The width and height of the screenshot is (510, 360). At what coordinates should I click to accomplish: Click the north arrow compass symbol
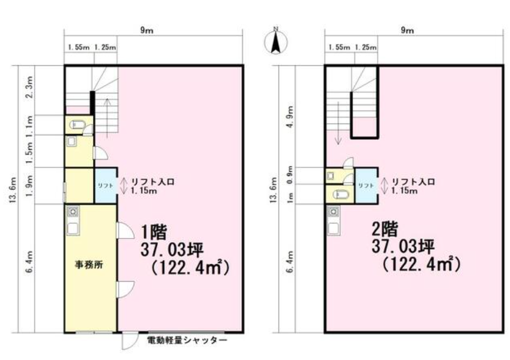pyautogui.click(x=276, y=41)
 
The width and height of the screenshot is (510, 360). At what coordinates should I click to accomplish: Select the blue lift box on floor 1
pyautogui.click(x=106, y=186)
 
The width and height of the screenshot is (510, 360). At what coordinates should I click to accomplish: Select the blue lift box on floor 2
pyautogui.click(x=366, y=186)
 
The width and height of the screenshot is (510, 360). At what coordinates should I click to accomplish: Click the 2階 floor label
pyautogui.click(x=385, y=231)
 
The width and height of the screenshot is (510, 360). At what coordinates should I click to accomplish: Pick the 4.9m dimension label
pyautogui.click(x=290, y=117)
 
